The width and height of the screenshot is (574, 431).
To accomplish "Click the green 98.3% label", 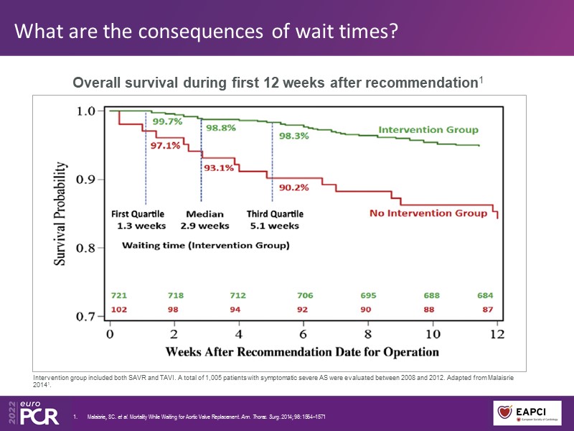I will click(x=294, y=134).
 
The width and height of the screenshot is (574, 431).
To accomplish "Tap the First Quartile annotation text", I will click(x=137, y=214).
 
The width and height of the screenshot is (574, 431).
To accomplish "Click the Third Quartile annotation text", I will click(x=275, y=214).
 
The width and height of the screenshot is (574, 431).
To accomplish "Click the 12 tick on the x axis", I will click(x=497, y=334).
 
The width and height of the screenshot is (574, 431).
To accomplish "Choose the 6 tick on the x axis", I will click(x=304, y=334).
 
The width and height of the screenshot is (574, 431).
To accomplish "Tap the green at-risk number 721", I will click(x=120, y=295).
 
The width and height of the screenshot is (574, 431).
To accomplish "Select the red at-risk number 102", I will click(x=120, y=310).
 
